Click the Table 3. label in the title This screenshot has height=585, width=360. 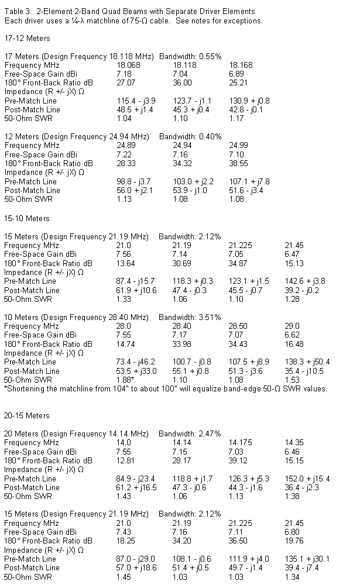tap(17, 11)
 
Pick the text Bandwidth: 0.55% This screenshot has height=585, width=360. tap(190, 56)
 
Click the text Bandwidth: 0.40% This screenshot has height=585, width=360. tap(190, 136)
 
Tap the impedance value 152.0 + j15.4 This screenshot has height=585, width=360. tap(308, 479)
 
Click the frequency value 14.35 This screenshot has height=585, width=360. tap(294, 443)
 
